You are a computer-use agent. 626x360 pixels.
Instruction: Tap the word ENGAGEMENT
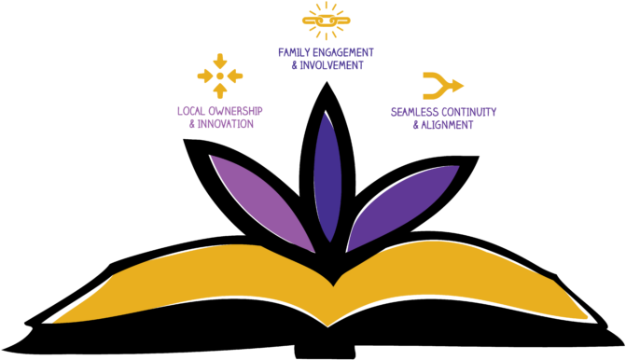344,52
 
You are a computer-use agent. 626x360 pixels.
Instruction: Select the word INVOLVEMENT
330,65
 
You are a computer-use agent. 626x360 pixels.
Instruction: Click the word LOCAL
191,111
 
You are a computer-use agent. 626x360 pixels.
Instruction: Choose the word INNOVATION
225,124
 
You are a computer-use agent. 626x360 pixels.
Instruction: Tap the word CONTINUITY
468,112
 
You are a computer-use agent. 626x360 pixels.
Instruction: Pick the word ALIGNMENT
447,125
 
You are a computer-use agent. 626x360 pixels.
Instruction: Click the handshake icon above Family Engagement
326,20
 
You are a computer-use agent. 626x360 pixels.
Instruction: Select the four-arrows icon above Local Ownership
220,76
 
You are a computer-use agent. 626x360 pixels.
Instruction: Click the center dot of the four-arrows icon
220,76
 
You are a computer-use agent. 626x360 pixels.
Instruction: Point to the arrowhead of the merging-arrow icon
457,85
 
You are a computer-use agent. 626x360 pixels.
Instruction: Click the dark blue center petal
327,177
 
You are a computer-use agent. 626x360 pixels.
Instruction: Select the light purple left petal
261,201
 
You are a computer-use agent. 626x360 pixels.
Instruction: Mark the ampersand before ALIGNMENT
415,125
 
